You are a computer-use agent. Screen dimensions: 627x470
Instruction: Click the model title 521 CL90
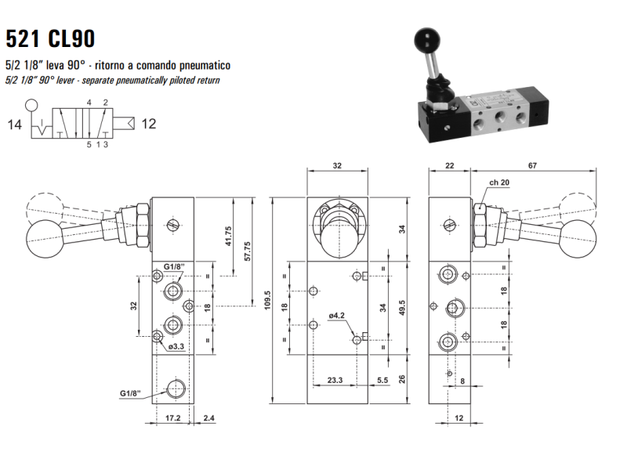tap(50, 38)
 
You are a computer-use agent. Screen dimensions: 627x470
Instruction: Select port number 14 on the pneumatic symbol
tap(14, 125)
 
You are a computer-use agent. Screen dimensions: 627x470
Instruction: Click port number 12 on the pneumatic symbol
tap(149, 124)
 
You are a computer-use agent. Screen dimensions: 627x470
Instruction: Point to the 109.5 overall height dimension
tap(267, 300)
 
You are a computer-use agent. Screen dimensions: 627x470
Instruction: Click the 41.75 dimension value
tap(228, 236)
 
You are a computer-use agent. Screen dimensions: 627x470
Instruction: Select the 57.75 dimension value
tap(248, 251)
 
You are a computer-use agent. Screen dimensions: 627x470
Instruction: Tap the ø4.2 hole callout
tap(337, 316)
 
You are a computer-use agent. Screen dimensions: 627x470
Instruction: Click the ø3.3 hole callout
tap(176, 346)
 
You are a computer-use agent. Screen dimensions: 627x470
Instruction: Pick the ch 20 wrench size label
tap(499, 183)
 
